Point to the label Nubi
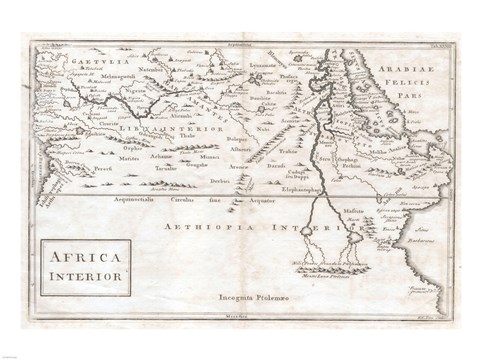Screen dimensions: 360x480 [263, 129]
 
